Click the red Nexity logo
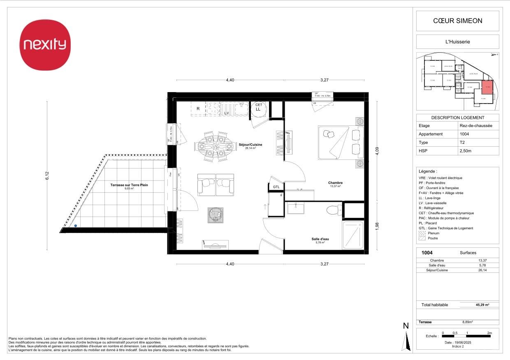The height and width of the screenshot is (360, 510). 45,45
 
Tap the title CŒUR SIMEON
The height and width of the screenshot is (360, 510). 457,21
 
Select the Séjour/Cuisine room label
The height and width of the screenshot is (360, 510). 250,145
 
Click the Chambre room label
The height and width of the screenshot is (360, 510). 335,183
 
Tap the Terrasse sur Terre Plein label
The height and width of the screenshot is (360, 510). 129,185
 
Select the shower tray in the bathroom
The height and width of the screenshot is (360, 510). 353,235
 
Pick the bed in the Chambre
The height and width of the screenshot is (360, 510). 341,143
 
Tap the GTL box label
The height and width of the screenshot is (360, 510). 276,187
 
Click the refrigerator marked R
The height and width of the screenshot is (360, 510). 198,109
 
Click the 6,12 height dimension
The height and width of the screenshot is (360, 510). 48,175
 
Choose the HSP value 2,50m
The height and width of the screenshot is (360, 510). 466,151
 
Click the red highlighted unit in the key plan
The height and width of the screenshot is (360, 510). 487,87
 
